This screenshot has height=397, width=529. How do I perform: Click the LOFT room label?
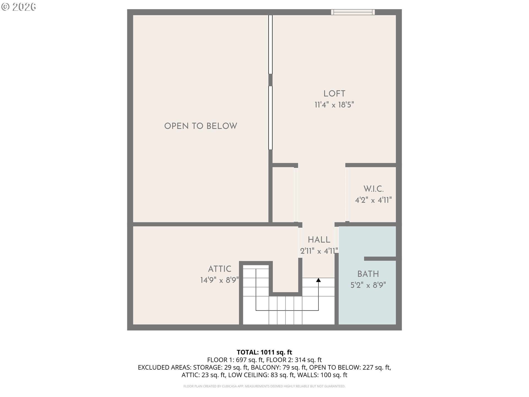334,94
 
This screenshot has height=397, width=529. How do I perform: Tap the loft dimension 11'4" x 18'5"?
334,105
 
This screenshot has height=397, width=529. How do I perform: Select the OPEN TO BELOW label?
201,126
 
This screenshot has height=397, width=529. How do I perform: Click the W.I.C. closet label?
373,189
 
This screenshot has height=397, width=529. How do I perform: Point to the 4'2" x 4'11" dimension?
373,200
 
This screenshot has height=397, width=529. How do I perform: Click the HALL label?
319,240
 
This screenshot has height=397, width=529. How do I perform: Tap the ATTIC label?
220,269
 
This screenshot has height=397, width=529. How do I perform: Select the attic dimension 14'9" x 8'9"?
220,280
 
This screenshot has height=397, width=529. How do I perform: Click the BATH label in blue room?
368,274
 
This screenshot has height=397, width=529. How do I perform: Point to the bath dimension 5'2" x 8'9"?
368,285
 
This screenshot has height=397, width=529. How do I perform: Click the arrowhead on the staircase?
319,280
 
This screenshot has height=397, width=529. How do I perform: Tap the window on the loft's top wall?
353,12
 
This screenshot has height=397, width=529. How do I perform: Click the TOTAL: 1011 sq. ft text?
264,352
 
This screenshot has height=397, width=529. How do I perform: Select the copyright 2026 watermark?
19,7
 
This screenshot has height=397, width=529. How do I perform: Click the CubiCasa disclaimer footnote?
264,386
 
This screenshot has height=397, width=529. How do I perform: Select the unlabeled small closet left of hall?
283,194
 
